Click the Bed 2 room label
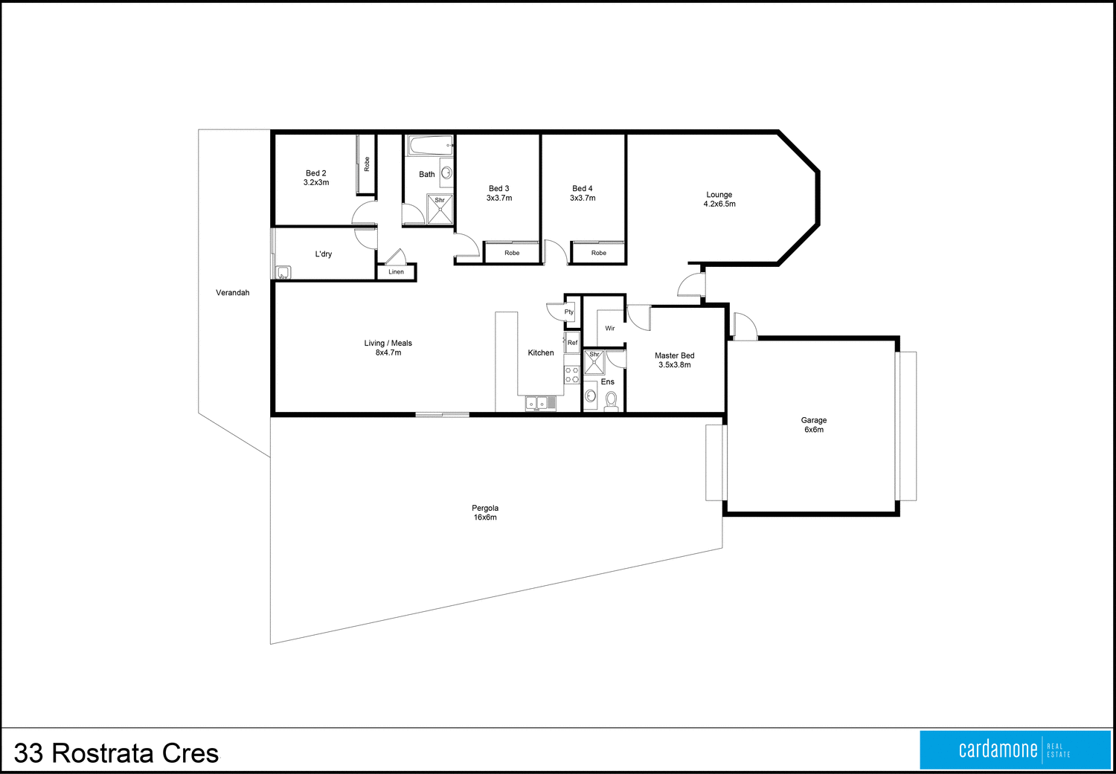pos(316,178)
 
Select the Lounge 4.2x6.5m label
pos(719,199)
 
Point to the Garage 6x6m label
pos(813,425)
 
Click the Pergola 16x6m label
pos(485,512)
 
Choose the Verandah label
pos(232,293)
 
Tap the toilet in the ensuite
pos(611,401)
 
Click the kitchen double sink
pos(536,403)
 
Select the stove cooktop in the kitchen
pos(571,375)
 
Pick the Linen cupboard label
pos(396,272)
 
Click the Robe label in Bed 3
pos(512,254)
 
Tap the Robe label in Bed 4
pos(598,254)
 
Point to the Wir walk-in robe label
pos(610,328)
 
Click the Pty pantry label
pos(569,312)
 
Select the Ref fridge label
pos(572,343)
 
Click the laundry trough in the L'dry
pos(283,273)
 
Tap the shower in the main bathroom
pos(440,209)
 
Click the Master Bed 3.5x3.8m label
pos(674,360)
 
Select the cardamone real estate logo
pos(1015,749)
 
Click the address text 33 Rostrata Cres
pos(116,753)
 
